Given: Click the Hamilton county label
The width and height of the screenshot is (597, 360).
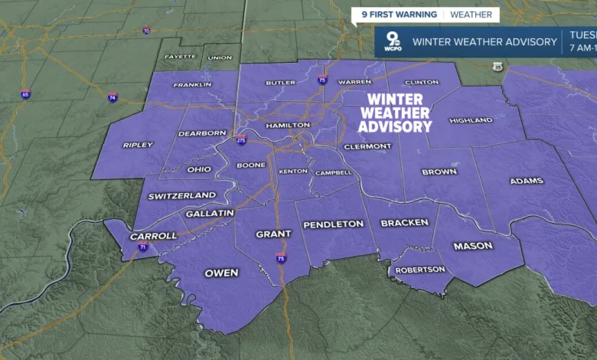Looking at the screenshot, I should [288, 125].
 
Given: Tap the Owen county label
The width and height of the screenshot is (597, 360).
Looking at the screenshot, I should [221, 273].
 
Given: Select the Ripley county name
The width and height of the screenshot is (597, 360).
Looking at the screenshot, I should [138, 145].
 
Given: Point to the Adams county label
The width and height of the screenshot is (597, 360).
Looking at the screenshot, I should [526, 181].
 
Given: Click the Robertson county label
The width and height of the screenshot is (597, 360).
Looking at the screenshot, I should [420, 270].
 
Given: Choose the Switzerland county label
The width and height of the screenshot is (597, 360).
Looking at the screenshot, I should [182, 195].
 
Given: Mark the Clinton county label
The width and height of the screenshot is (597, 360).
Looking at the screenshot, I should [421, 82].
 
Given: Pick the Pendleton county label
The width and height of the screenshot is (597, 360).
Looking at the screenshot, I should [333, 224].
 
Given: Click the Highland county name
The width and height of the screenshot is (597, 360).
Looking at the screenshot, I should [471, 120].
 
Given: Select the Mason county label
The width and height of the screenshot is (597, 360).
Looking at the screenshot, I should [473, 246].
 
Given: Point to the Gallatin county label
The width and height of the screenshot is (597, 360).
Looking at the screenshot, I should [210, 213].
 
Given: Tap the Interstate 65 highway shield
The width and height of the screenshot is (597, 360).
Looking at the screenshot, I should [26, 94].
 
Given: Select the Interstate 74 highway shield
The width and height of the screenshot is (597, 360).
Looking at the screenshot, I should [113, 98].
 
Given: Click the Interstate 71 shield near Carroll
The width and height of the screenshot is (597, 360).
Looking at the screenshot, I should [143, 247].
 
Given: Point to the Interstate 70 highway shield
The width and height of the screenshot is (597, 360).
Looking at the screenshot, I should [146, 31].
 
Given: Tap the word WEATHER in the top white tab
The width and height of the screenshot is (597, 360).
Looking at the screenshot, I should [471, 15].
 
